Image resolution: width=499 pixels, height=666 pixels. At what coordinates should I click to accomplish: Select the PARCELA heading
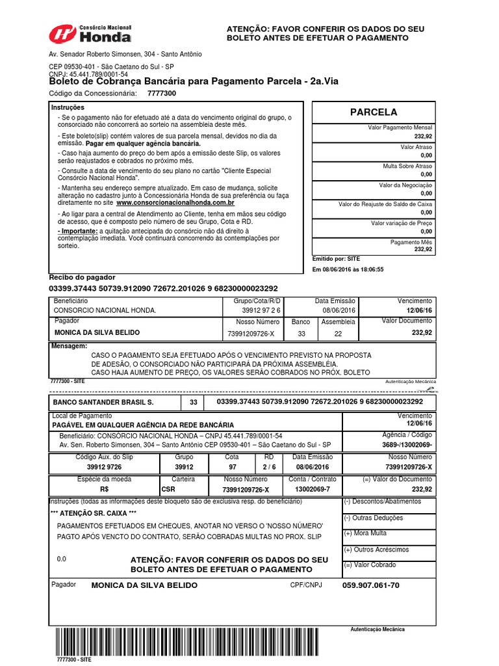point(373,112)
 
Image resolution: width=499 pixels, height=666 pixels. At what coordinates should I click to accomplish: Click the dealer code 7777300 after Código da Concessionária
point(161,94)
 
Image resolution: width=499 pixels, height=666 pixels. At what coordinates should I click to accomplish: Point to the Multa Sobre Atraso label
point(407,166)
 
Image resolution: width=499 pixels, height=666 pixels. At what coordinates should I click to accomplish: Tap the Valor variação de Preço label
point(401,223)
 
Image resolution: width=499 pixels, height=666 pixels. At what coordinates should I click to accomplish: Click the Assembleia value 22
point(337,333)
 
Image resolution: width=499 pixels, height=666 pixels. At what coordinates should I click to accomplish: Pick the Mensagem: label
point(69,346)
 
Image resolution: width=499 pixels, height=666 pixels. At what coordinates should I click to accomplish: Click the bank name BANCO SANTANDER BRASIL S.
point(103,402)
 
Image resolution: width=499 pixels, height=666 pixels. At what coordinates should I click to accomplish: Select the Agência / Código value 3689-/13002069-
point(407,444)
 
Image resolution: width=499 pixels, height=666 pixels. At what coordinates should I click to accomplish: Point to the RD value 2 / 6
point(269,467)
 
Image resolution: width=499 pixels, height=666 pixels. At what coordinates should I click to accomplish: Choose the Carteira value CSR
point(168,489)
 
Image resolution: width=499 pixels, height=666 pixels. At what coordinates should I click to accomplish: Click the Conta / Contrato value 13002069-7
point(312,489)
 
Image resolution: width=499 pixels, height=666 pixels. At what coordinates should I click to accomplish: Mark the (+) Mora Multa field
point(365,533)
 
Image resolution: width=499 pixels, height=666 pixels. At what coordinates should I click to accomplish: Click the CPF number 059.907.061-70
point(370,585)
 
